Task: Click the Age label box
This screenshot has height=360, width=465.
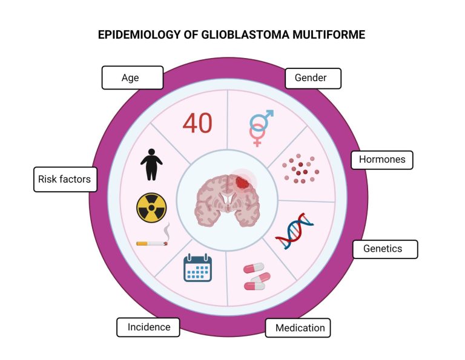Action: tap(133, 77)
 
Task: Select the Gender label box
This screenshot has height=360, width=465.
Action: tap(313, 78)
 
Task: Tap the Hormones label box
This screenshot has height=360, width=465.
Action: tap(382, 160)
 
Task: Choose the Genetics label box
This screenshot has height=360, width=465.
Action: tap(385, 249)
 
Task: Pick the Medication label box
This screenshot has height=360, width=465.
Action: tap(298, 328)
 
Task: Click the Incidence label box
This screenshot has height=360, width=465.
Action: tap(148, 327)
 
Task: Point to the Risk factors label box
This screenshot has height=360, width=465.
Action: tap(65, 180)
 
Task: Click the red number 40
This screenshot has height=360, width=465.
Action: tap(197, 123)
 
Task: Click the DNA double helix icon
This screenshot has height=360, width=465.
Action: tap(294, 231)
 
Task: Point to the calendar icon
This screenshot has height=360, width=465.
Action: tap(197, 267)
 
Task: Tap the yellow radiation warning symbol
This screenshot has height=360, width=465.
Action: tap(151, 208)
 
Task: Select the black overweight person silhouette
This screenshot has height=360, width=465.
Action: tap(151, 165)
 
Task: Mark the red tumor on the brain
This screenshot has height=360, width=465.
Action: tap(243, 182)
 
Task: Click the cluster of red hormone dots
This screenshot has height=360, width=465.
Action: tap(300, 169)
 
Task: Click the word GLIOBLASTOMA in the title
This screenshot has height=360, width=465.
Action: tap(245, 34)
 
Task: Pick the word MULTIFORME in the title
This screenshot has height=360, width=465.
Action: tap(329, 34)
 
